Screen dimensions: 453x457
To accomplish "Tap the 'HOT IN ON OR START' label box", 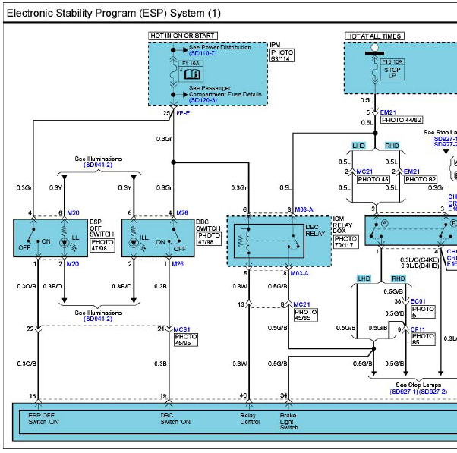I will (x=183, y=36).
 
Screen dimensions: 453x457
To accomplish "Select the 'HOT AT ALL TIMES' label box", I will (x=374, y=36).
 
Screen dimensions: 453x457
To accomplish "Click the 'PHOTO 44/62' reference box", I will (x=402, y=120).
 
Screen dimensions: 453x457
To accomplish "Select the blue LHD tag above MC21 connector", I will (x=359, y=145).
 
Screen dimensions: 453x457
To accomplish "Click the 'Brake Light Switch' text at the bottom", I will (x=289, y=420).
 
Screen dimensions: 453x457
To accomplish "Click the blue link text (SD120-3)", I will (x=203, y=100).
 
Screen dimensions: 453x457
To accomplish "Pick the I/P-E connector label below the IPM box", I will (x=182, y=113).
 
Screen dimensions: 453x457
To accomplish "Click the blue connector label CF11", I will (x=418, y=329).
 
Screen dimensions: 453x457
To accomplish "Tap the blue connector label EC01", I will (x=418, y=300).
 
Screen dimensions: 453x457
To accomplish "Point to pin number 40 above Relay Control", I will (x=243, y=396).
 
